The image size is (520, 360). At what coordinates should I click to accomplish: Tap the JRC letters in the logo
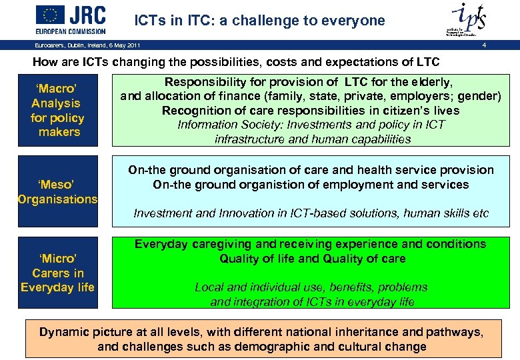point(90,15)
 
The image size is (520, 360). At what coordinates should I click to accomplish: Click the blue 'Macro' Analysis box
point(58,111)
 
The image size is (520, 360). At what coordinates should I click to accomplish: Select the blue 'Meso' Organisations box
point(58,191)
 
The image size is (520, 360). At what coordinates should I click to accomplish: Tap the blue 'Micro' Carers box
point(58,273)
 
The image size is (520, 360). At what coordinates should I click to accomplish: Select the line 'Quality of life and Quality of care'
point(312,259)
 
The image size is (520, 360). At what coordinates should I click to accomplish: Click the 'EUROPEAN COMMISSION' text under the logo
point(71,31)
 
